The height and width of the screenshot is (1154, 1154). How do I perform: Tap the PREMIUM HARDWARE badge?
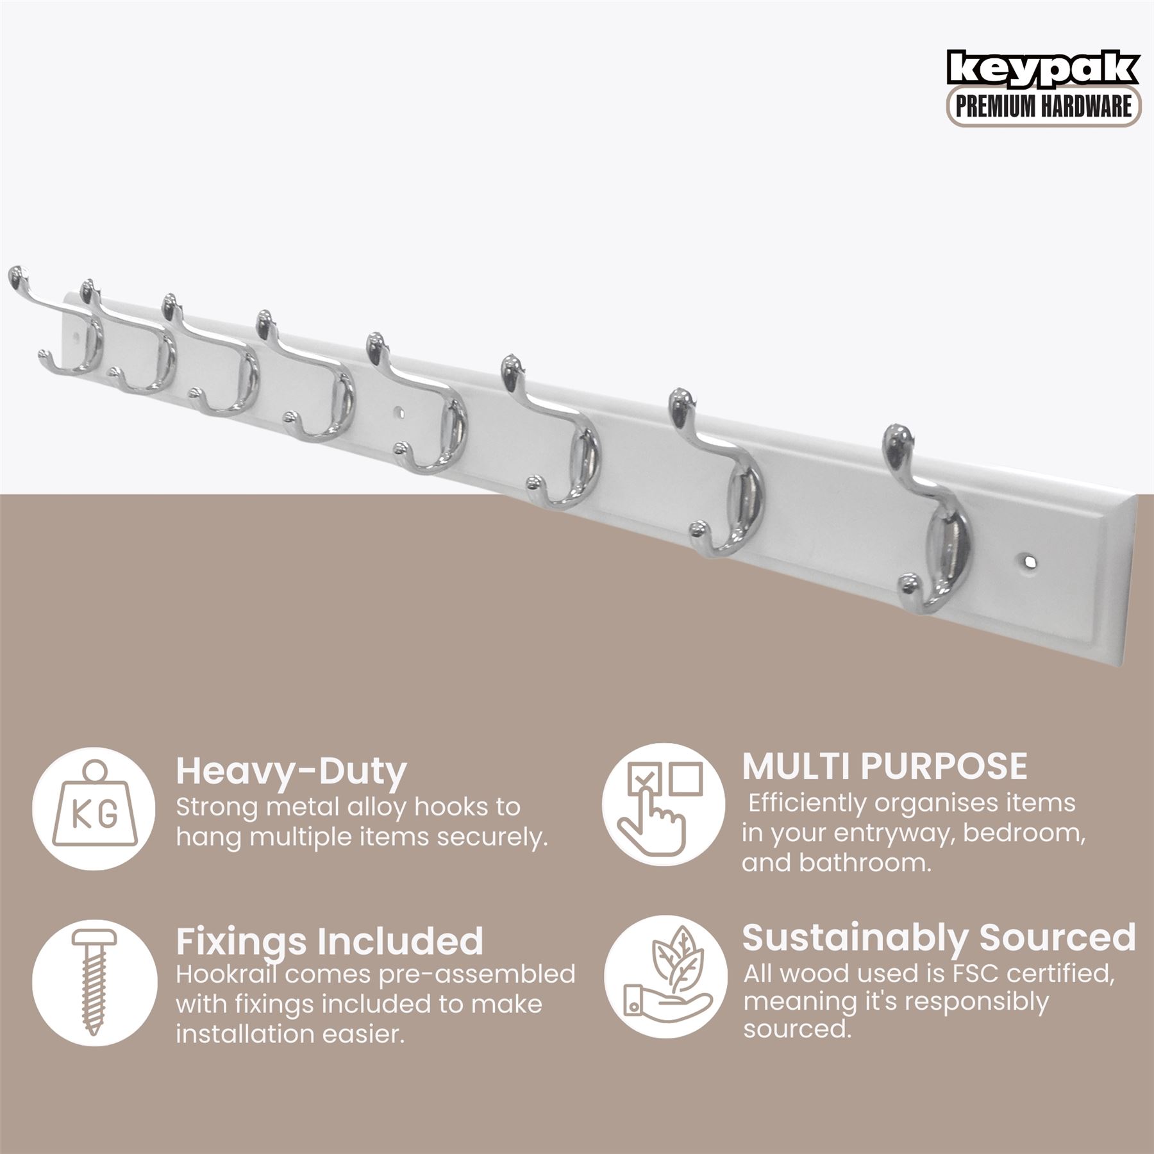1044,107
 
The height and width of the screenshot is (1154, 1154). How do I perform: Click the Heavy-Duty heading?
291,773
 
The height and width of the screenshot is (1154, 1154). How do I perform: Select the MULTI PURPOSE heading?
885,765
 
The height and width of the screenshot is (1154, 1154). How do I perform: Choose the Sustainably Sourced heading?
939,937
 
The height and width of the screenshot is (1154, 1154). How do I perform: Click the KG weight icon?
94,808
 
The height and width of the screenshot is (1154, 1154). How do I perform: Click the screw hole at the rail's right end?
1025,561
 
